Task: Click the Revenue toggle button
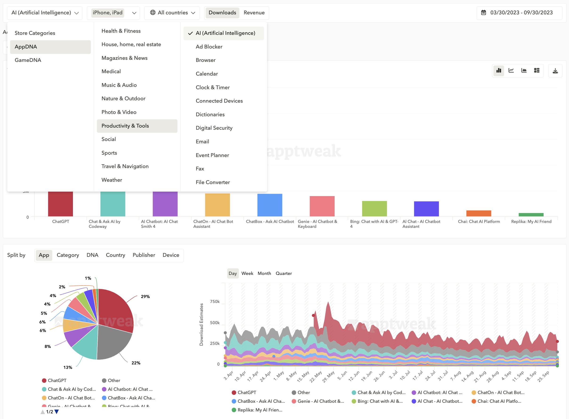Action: click(254, 13)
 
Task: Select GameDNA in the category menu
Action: click(28, 60)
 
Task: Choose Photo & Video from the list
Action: click(119, 112)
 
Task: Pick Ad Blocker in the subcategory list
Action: click(209, 47)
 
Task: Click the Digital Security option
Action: click(214, 128)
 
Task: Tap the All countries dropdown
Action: click(172, 13)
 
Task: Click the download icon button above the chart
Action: click(555, 71)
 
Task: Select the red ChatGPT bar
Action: click(60, 204)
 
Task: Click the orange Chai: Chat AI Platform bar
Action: click(478, 213)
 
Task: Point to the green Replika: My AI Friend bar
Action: click(531, 215)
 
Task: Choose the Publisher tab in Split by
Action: click(144, 255)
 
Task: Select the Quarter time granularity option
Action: click(284, 274)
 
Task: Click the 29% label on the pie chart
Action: click(145, 297)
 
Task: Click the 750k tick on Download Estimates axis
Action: click(215, 302)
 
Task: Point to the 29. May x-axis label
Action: click(329, 376)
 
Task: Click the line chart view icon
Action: click(511, 71)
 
